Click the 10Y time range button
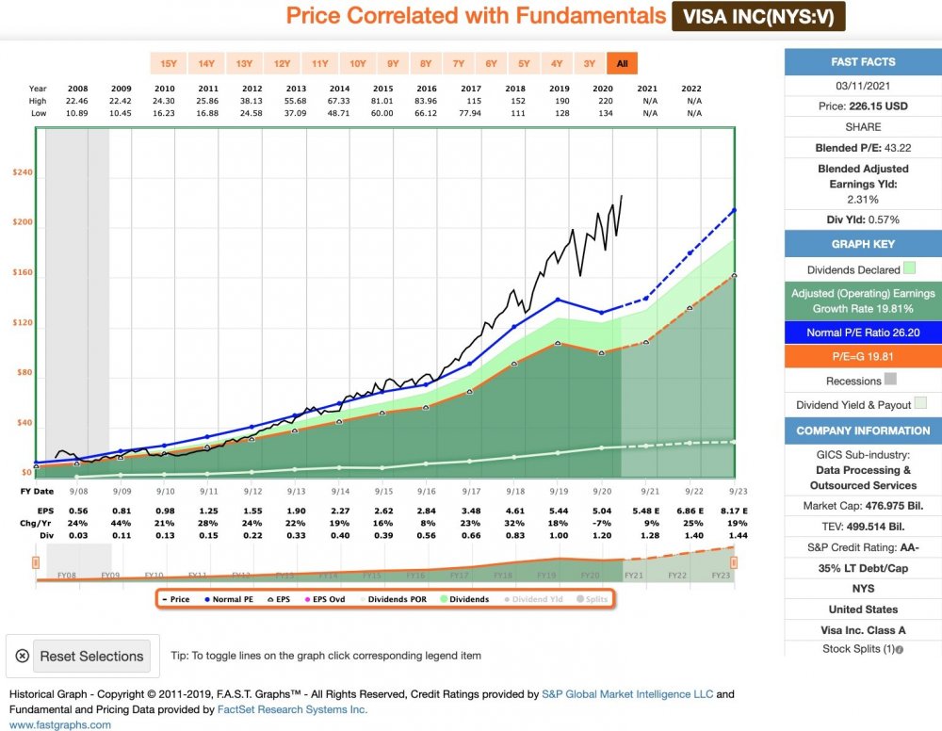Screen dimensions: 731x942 point(357,64)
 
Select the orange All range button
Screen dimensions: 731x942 point(622,64)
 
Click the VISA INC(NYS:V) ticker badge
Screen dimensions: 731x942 point(758,16)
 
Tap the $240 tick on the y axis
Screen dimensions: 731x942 point(22,173)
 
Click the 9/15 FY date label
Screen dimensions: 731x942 point(383,492)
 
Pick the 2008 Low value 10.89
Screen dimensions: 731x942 point(78,113)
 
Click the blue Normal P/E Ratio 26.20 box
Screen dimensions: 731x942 point(863,333)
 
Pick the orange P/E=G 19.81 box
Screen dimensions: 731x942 point(863,357)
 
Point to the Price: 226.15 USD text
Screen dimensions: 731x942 point(863,106)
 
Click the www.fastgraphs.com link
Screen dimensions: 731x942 point(60,724)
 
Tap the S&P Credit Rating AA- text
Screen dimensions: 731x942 point(863,548)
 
